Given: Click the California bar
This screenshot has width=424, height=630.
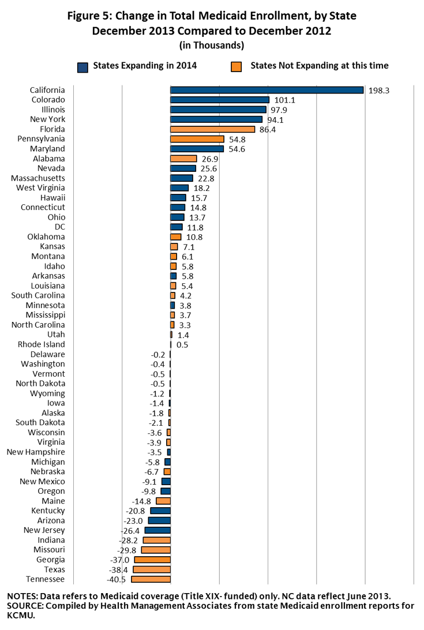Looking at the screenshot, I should coord(267,90).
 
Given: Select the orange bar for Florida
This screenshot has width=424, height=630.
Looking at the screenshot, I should coord(212,129).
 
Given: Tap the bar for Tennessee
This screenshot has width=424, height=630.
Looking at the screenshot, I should coord(151,579).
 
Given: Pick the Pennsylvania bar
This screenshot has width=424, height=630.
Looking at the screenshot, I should coord(197,139).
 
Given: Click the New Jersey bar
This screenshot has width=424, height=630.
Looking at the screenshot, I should coord(157,530).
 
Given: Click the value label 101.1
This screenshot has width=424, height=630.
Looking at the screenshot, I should coord(284,100).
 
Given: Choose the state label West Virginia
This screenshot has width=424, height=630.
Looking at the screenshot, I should coord(40,188).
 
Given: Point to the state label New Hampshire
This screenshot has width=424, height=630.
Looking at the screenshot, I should coord(36,452).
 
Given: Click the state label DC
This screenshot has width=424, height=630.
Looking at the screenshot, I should coord(59,227).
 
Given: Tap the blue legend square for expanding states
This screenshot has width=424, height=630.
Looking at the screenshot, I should coord(82,66).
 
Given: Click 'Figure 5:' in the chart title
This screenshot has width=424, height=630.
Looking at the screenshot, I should coord(92,16).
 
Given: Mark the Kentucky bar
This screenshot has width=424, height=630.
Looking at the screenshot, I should coord(160,511).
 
